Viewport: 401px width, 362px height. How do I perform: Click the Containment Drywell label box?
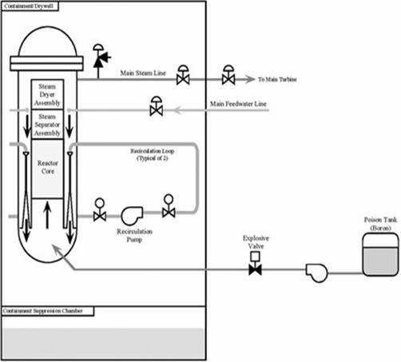pyautogui.click(x=30, y=6)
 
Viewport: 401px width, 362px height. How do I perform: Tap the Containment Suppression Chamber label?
pyautogui.click(x=48, y=311)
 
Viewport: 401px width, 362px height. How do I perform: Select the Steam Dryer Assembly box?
pyautogui.click(x=47, y=94)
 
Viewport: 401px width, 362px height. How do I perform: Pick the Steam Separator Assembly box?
pyautogui.click(x=47, y=125)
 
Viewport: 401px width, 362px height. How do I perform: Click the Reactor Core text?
pyautogui.click(x=48, y=167)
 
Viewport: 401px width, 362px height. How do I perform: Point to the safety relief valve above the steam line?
pyautogui.click(x=101, y=57)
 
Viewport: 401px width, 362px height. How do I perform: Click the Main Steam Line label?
pyautogui.click(x=143, y=73)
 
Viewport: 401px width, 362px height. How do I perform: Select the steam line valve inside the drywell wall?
pyautogui.click(x=183, y=75)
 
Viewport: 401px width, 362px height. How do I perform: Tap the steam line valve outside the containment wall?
pyautogui.click(x=228, y=75)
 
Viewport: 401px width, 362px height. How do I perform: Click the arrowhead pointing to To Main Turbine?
pyautogui.click(x=250, y=79)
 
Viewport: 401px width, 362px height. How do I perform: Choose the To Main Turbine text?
pyautogui.click(x=277, y=79)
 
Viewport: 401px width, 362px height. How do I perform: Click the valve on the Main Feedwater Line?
pyautogui.click(x=157, y=106)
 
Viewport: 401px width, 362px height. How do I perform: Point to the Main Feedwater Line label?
pyautogui.click(x=238, y=104)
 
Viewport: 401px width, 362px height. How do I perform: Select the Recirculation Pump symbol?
pyautogui.click(x=132, y=215)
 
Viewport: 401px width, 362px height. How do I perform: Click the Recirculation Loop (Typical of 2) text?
pyautogui.click(x=153, y=154)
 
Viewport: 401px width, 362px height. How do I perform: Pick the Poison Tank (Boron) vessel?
pyautogui.click(x=380, y=254)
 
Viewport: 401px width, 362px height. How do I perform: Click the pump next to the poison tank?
pyautogui.click(x=317, y=272)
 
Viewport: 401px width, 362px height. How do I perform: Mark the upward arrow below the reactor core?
pyautogui.click(x=47, y=215)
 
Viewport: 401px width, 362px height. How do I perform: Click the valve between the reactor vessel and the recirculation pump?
pyautogui.click(x=100, y=210)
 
